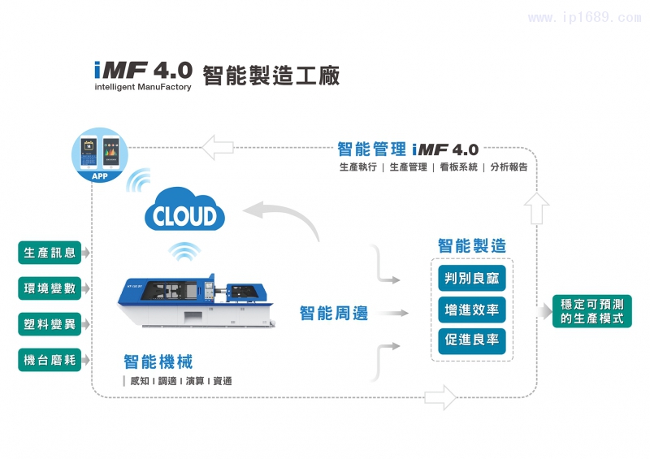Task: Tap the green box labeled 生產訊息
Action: [x=50, y=253]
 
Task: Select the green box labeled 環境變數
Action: [x=50, y=288]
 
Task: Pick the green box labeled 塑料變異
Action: [x=50, y=324]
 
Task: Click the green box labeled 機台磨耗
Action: [x=50, y=360]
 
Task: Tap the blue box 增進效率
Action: [x=471, y=310]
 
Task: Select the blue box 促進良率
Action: [x=471, y=340]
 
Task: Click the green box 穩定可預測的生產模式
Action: [x=592, y=311]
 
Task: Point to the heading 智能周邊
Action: [x=333, y=313]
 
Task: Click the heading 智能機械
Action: [x=158, y=362]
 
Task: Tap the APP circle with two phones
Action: [x=100, y=155]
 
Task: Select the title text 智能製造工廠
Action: [x=271, y=75]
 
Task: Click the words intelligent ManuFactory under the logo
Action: [x=143, y=87]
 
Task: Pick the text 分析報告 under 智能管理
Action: [x=509, y=167]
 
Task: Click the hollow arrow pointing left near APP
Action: [x=218, y=147]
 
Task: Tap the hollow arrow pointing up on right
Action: [x=537, y=210]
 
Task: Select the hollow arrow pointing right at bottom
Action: [x=440, y=397]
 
